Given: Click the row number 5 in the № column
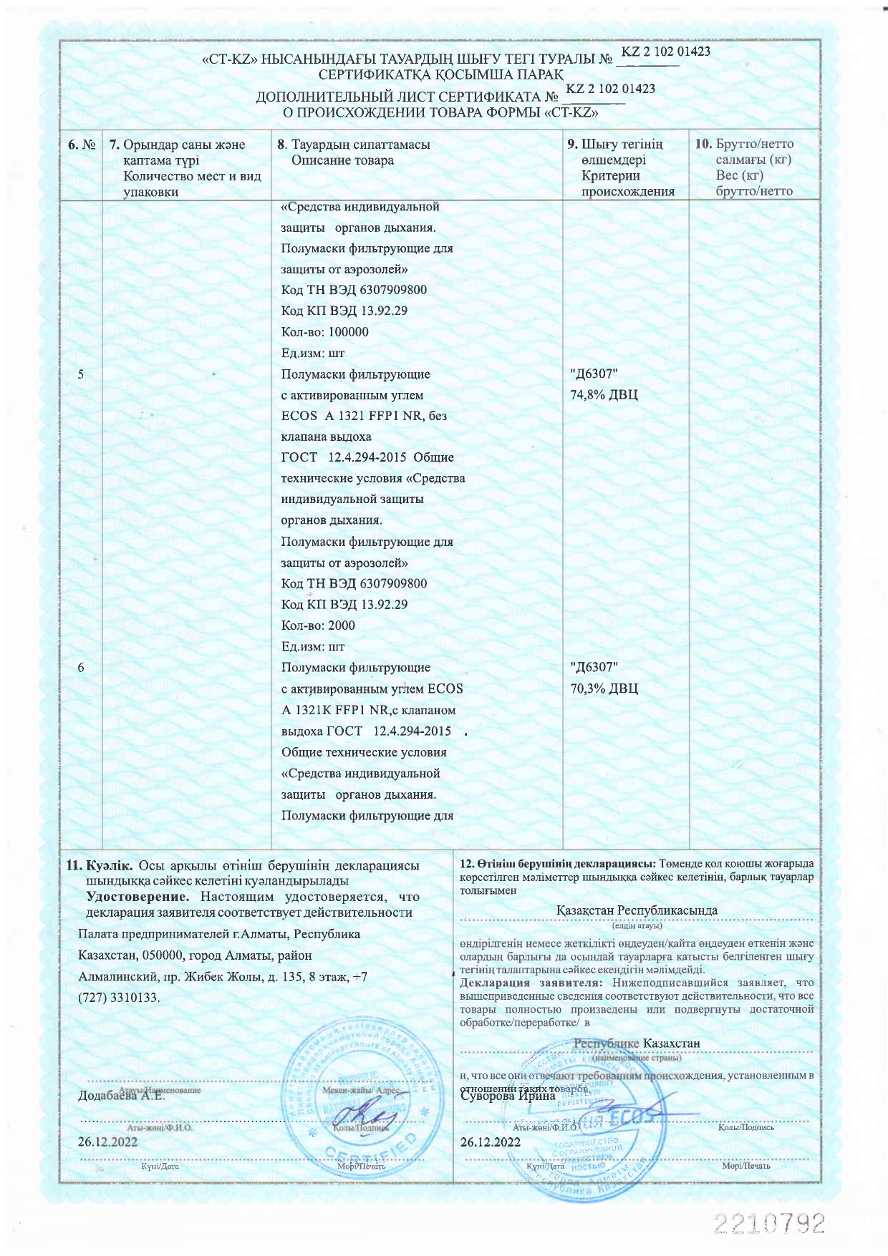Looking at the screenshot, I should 81,374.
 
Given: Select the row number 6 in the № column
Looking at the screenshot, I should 81,668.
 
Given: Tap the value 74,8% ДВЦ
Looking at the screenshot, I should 604,395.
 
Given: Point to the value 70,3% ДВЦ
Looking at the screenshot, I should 604,689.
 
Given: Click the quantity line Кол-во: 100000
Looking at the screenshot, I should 325,332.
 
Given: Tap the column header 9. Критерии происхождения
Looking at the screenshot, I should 621,167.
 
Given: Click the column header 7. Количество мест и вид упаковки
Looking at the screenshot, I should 185,168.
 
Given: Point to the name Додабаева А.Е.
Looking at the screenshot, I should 121,1096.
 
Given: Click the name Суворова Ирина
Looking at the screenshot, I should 508,1096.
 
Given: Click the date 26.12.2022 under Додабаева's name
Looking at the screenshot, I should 107,1142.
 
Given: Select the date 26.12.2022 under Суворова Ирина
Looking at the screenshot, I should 491,1142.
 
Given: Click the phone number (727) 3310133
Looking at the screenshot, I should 118,997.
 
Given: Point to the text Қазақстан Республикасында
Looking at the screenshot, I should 637,910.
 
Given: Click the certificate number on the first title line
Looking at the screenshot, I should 665,52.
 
